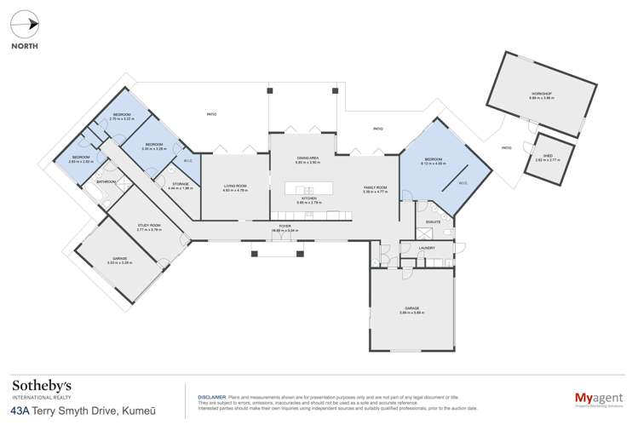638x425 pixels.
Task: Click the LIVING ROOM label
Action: click(x=234, y=187)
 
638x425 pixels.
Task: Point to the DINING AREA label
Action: click(x=307, y=158)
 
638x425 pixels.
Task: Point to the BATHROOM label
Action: click(x=106, y=181)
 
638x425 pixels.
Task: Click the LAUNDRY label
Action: click(x=428, y=248)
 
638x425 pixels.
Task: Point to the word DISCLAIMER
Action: click(x=210, y=396)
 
